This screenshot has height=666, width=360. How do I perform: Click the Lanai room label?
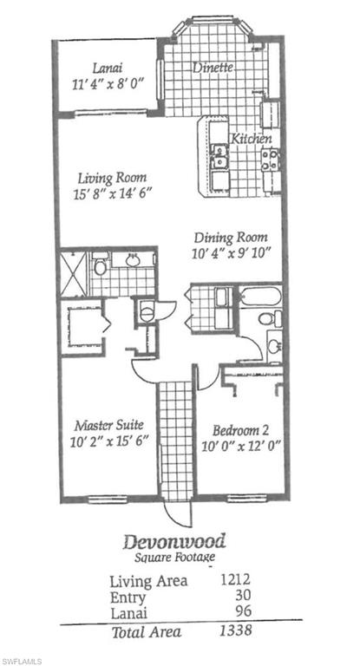pos(107,67)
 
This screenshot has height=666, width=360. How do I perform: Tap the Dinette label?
pos(212,67)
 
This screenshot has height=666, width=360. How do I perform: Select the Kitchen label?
pos(251,139)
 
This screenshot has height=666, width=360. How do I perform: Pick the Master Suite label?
pos(108,425)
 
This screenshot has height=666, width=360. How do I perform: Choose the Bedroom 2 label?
pos(234,428)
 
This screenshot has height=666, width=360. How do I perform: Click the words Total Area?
pos(146,632)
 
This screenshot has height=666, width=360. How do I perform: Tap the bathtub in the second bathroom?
pos(258,298)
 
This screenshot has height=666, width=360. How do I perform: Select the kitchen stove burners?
pos(271,159)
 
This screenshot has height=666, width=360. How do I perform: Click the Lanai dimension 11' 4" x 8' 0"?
pos(107,85)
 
